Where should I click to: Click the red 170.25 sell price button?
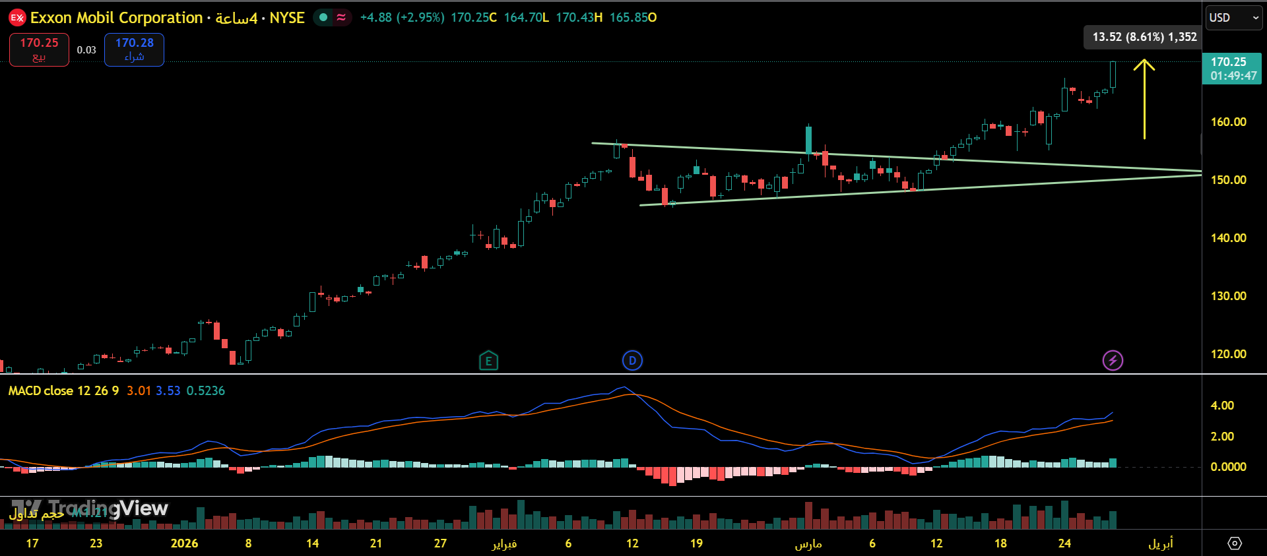tap(39, 49)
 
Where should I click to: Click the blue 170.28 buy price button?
tap(134, 49)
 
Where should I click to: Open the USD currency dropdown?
tap(1233, 18)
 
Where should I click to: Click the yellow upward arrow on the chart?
tap(1144, 99)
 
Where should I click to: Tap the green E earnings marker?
tap(488, 360)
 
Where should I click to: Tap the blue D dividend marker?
tap(632, 360)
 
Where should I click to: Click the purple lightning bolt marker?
tap(1113, 360)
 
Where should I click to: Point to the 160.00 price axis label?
tap(1228, 122)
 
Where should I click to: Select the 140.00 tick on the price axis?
tap(1228, 238)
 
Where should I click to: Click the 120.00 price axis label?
tap(1228, 354)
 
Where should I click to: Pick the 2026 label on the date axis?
tap(184, 543)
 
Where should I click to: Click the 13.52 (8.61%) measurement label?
tap(1144, 37)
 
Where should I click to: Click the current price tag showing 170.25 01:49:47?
tap(1232, 69)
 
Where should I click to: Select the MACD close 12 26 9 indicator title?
tap(63, 391)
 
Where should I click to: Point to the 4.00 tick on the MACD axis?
tap(1222, 406)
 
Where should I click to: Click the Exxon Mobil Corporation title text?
tap(116, 18)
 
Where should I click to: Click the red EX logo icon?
tap(17, 18)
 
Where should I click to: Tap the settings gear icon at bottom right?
tap(1234, 543)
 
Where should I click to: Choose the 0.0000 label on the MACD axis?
tap(1228, 467)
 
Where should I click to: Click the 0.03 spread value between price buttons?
tap(86, 50)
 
